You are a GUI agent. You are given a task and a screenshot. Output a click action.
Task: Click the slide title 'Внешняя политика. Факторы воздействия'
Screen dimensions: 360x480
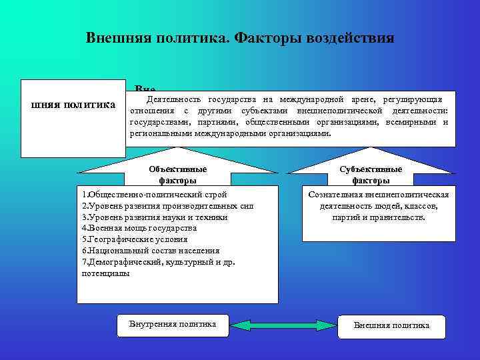tap(240, 37)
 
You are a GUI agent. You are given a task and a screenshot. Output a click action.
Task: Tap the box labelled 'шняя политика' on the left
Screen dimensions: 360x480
tap(73, 105)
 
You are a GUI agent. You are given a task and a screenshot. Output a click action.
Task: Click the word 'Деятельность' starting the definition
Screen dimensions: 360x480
tap(169, 99)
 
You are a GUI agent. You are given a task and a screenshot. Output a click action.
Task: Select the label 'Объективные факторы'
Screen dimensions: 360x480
tap(177, 175)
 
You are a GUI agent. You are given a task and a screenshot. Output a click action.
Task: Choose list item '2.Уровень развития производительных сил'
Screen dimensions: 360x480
tap(167, 206)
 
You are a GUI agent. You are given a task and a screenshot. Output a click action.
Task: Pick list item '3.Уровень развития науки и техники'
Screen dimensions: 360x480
tap(154, 217)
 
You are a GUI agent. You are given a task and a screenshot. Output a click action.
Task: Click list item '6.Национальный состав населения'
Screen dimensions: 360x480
tap(150, 250)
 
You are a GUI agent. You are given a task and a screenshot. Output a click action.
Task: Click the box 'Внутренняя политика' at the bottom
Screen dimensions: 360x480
tap(172, 325)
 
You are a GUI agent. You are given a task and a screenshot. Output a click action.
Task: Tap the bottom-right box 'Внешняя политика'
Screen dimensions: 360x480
tap(391, 325)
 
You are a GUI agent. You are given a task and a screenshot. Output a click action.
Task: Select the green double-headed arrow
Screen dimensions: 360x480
tap(283, 325)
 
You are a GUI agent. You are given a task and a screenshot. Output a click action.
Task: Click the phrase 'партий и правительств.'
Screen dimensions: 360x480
tap(378, 217)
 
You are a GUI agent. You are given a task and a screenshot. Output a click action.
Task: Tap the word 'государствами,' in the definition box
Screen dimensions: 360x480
tap(159, 122)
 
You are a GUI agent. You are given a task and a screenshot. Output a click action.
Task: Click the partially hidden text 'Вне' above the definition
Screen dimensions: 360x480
tap(145, 89)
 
